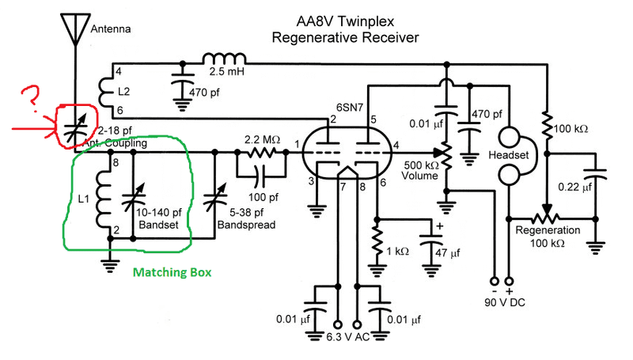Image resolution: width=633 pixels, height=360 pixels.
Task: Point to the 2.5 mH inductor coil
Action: [223, 60]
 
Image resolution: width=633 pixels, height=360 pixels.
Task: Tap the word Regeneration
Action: [548, 230]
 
